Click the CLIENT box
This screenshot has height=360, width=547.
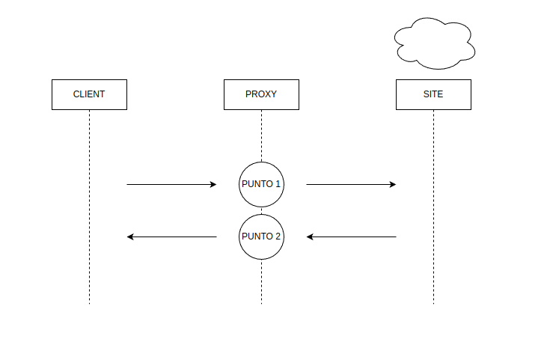89,94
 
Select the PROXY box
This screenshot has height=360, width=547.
261,94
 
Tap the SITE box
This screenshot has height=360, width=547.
433,94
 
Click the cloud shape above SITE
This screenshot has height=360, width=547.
434,43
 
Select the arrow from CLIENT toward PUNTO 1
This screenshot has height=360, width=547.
171,184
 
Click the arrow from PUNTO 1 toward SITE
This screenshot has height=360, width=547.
350,184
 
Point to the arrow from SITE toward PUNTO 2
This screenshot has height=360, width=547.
352,237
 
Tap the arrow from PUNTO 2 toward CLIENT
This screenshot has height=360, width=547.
172,237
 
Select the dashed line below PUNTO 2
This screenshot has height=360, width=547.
261,281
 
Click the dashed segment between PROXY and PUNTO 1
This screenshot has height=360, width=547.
261,135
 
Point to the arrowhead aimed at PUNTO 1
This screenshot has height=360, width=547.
213,184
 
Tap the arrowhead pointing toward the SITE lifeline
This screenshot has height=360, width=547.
393,184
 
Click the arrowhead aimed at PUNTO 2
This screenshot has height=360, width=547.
311,237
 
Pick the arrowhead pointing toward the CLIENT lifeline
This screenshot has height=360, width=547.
131,237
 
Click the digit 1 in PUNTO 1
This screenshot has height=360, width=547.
278,184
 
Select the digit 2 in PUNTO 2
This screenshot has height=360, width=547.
278,237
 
